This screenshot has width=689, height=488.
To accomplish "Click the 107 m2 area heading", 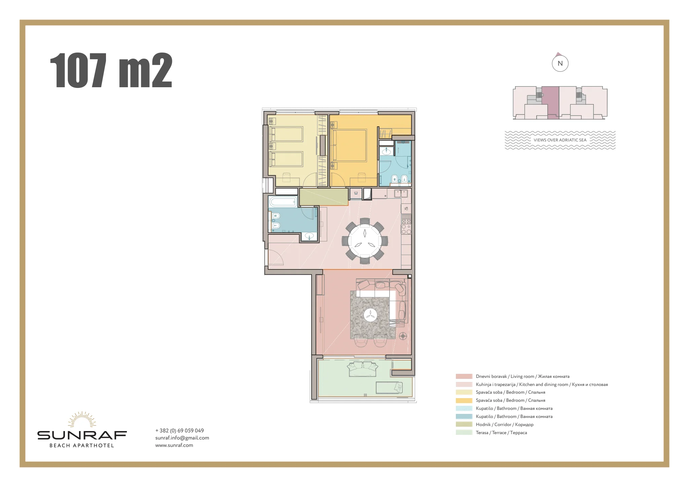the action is coord(111,71).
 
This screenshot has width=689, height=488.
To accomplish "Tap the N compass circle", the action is coord(560,63).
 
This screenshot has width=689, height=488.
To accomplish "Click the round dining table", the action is coord(365,241).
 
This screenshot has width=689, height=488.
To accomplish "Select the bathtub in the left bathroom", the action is coord(283,202).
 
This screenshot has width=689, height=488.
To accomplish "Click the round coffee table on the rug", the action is coord(370,315).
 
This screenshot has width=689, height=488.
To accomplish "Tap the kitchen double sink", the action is coord(401,193).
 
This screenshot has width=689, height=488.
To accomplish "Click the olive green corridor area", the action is coord(323,197).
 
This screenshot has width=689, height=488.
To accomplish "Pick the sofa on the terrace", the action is coord(363,369).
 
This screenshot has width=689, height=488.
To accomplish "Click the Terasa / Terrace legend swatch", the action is coord(464,432).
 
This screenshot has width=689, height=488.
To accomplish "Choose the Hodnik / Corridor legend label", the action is coord(505,424).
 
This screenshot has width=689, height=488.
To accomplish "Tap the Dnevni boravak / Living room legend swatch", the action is coord(464,376).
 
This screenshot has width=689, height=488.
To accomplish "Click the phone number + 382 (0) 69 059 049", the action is coord(180,430).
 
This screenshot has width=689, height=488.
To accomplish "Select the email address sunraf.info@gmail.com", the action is coord(182,438).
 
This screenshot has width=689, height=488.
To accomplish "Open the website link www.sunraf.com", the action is coord(174,445).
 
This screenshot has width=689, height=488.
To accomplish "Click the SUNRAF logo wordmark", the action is coord(82,435).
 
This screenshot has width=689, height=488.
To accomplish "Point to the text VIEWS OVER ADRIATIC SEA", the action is coord(560,140).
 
